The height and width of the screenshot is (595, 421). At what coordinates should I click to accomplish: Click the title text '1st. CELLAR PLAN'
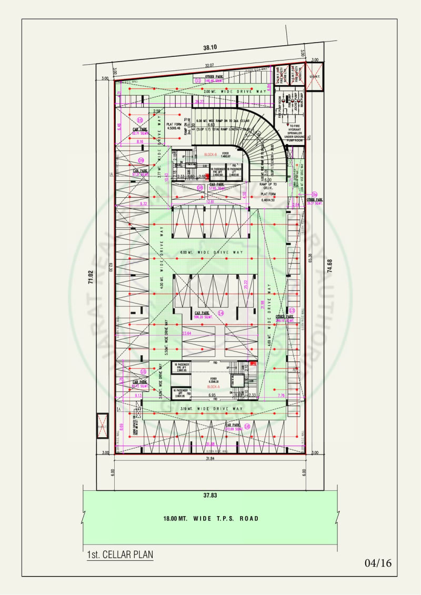[120, 554]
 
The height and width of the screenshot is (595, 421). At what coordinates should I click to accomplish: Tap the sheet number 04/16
[378, 563]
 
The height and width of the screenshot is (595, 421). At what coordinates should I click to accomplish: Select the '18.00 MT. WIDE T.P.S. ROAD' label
[211, 518]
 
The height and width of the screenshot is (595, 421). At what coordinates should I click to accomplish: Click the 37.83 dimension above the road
[210, 495]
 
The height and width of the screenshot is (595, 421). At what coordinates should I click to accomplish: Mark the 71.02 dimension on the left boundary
[90, 277]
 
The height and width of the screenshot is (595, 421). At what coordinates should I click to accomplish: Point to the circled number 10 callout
[140, 120]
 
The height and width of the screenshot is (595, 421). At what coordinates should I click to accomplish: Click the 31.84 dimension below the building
[210, 459]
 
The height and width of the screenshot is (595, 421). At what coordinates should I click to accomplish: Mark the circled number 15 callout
[143, 371]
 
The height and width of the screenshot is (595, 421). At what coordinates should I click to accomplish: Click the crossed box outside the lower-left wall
[102, 426]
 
